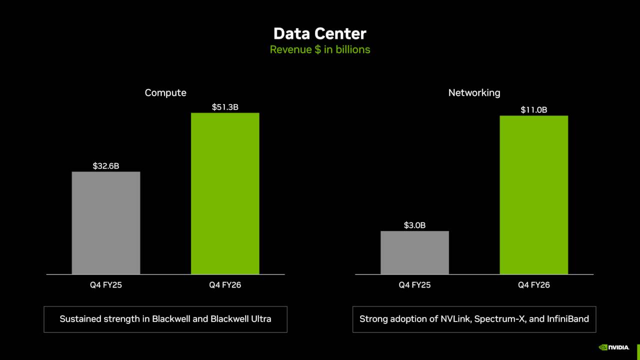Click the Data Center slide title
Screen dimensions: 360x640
(320, 33)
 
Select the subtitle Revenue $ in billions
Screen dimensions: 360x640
(320, 49)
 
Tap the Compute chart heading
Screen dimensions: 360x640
(165, 92)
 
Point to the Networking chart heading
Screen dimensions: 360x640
(474, 92)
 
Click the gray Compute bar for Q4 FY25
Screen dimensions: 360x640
(106, 223)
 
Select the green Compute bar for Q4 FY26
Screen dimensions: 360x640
(225, 193)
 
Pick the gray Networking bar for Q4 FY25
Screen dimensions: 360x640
(414, 252)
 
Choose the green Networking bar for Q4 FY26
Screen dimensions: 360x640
(533, 195)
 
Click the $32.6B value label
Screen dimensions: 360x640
(106, 165)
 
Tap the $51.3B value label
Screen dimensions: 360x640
(225, 106)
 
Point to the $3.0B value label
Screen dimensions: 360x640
(414, 225)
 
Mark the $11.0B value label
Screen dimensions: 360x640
(533, 109)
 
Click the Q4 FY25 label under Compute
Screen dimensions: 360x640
(106, 285)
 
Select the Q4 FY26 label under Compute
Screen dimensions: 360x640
(225, 285)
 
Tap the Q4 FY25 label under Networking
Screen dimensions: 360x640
(414, 285)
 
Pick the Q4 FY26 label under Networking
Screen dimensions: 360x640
(533, 285)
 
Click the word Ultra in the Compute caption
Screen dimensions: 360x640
(260, 318)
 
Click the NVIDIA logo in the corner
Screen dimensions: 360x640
(614, 347)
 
